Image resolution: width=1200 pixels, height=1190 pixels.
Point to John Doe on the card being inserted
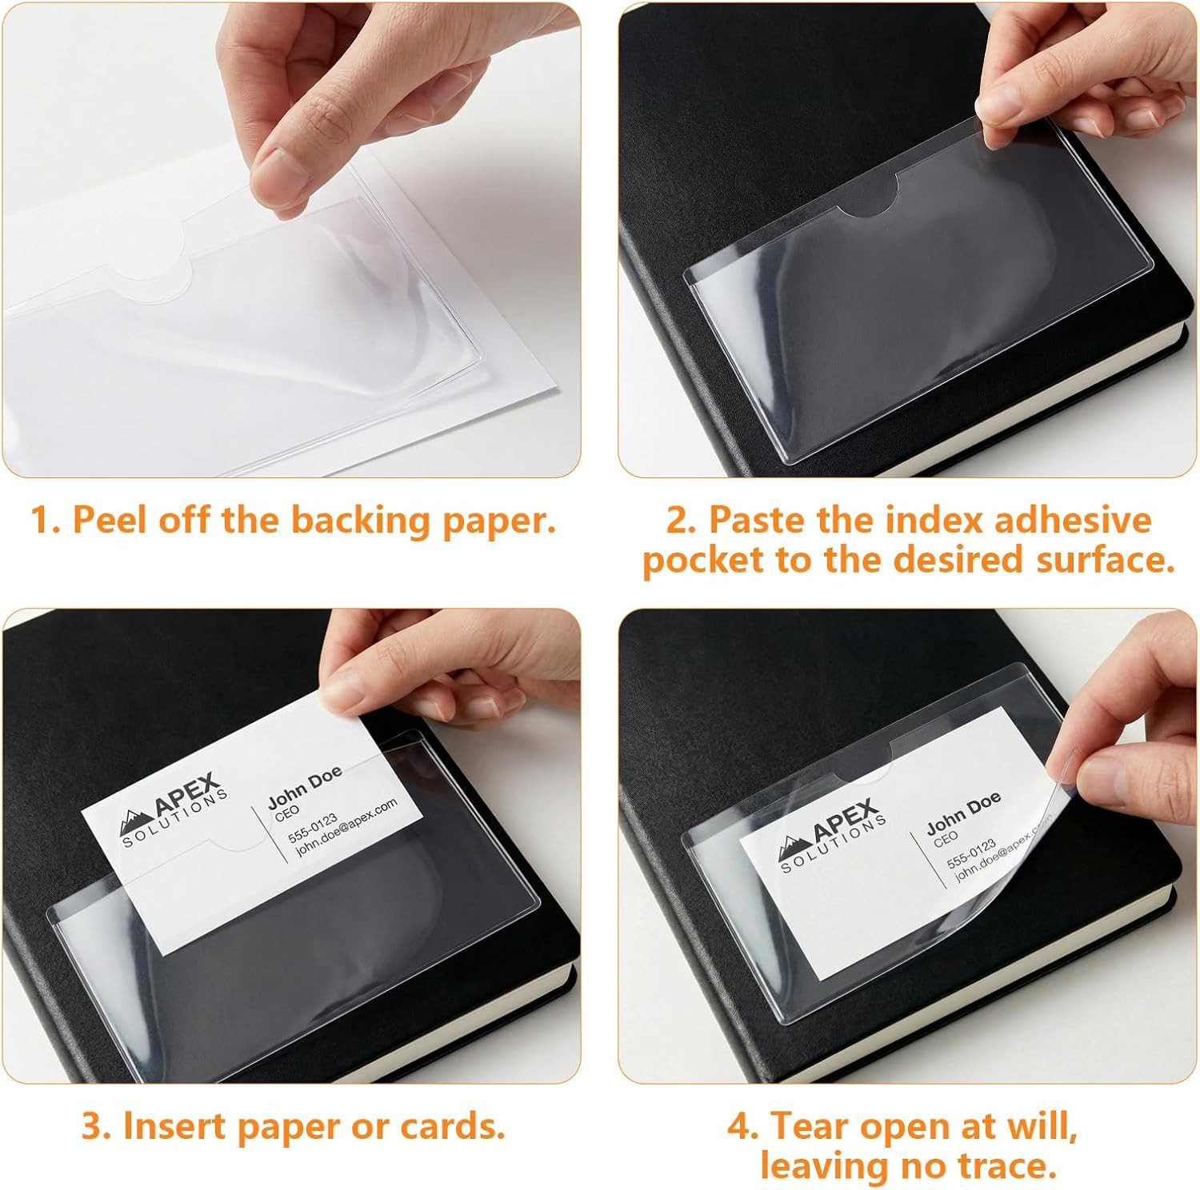click(305, 786)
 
